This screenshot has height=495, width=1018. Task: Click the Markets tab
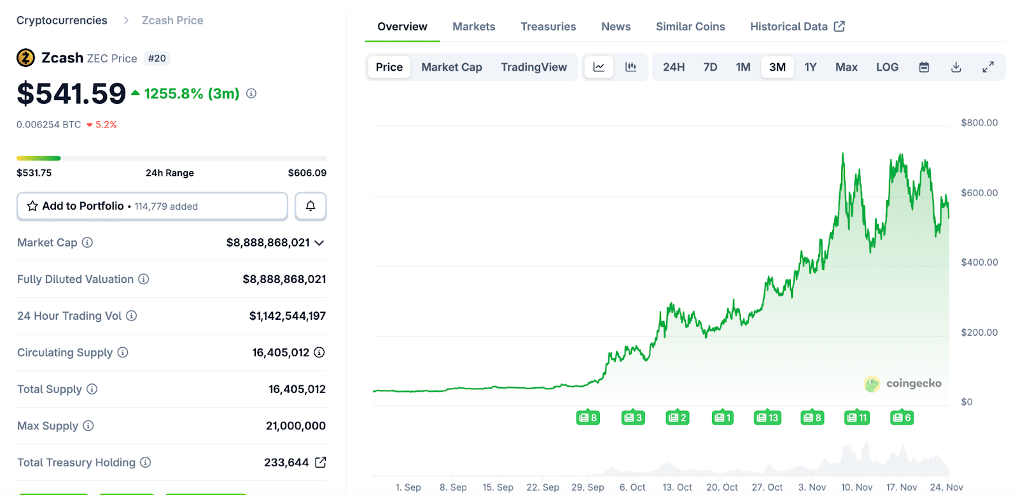pos(473,27)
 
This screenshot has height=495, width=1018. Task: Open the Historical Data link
pos(797,27)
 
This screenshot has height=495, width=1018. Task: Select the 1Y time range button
pos(810,67)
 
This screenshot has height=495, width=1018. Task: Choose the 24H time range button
pos(673,67)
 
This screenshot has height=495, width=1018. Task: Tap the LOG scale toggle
pos(887,67)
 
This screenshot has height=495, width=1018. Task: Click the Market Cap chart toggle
pos(451,67)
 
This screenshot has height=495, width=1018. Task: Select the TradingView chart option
pos(533,67)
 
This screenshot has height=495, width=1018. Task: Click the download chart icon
pos(956,67)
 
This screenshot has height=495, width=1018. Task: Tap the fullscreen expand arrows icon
pos(987,67)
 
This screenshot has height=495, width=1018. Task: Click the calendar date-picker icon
pos(924,67)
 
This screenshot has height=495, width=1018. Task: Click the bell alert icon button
pos(310,206)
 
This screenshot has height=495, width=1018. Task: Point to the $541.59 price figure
pos(71,94)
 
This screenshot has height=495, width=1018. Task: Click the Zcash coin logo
pos(25,58)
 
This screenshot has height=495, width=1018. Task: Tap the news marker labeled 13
pos(767,418)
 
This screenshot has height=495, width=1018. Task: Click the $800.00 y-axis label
pos(979,123)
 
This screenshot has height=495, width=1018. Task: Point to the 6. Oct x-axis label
pos(632,487)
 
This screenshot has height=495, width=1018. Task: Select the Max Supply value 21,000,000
pos(295,426)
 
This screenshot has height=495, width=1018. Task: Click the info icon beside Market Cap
pos(88,243)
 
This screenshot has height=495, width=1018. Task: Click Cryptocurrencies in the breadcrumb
pos(62,20)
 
